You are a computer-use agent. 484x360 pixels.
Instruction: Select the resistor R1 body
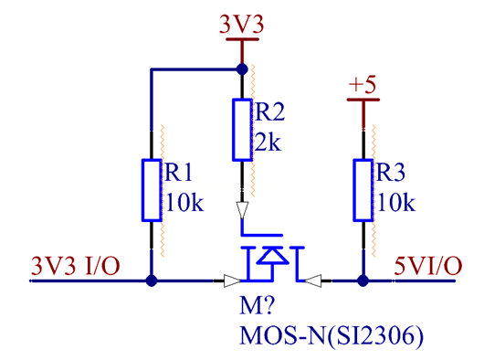click(x=152, y=189)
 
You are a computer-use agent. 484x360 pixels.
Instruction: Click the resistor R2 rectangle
click(x=242, y=129)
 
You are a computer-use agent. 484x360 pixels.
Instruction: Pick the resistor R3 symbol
click(x=363, y=189)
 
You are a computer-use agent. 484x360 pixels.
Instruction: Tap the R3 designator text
click(x=389, y=173)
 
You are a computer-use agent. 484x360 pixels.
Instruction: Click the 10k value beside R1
click(x=184, y=202)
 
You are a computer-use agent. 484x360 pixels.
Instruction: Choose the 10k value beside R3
click(x=395, y=202)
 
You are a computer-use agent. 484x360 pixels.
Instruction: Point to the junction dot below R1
click(x=152, y=281)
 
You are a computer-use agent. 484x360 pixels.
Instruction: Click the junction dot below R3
click(x=363, y=281)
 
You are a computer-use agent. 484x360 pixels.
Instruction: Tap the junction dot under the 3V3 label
click(x=242, y=69)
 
